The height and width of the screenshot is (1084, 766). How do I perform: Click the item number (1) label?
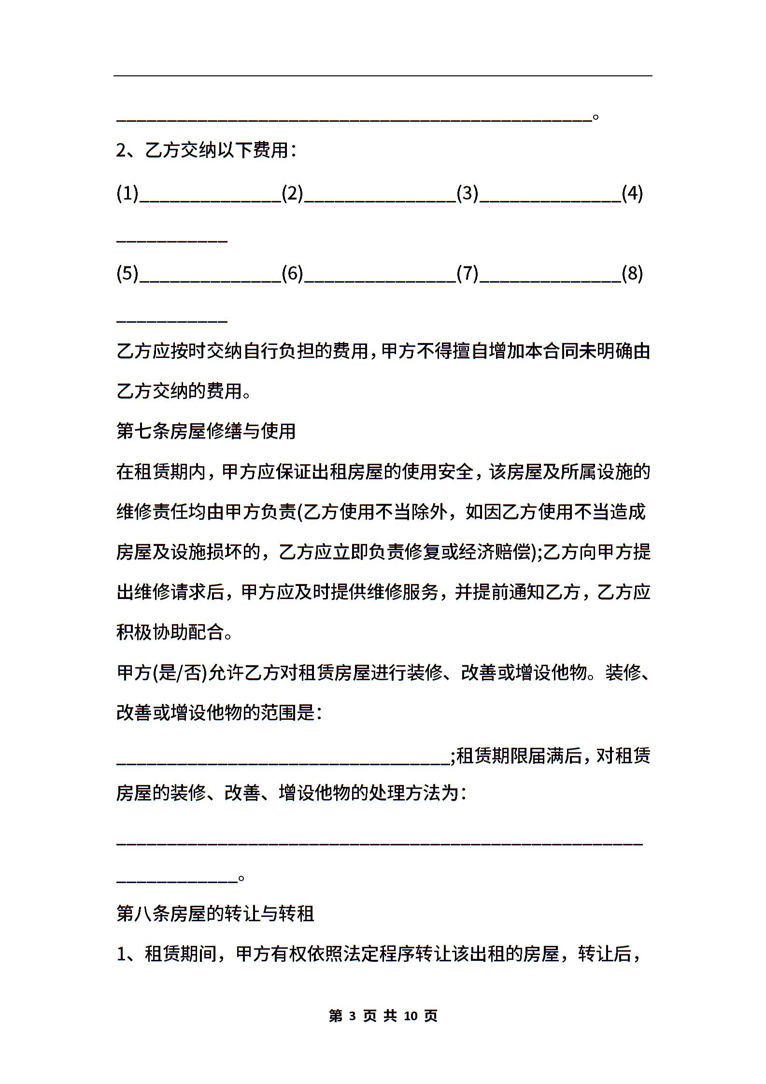pyautogui.click(x=128, y=194)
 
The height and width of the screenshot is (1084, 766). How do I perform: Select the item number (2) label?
pyautogui.click(x=292, y=194)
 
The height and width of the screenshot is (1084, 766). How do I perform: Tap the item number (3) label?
pyautogui.click(x=467, y=194)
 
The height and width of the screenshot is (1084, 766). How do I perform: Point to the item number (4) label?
pyautogui.click(x=632, y=194)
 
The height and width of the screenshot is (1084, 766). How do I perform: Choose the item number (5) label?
pyautogui.click(x=128, y=274)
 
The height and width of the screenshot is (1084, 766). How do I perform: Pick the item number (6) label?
pyautogui.click(x=292, y=274)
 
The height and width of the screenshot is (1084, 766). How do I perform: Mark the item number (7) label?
pyautogui.click(x=467, y=274)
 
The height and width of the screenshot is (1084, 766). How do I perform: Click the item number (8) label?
pyautogui.click(x=632, y=274)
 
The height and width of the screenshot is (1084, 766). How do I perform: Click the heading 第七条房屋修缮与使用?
pyautogui.click(x=206, y=431)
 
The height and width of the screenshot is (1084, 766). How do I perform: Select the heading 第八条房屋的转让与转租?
pyautogui.click(x=215, y=913)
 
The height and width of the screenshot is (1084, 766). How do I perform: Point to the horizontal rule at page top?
pyautogui.click(x=383, y=76)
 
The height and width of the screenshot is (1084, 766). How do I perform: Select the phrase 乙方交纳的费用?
pyautogui.click(x=179, y=391)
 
